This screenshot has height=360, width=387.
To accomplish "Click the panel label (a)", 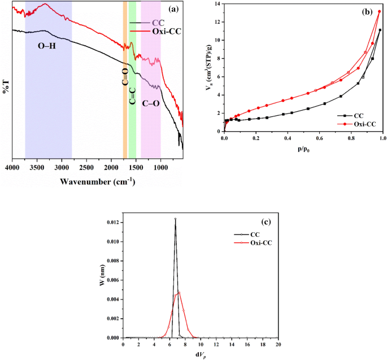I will tap(173, 8).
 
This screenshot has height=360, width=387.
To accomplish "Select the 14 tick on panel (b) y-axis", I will tap(218, 4).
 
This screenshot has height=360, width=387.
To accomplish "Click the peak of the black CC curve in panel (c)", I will tap(175, 219).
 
